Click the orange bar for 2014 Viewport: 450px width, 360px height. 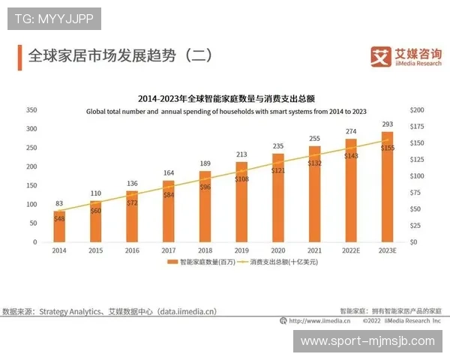[58, 226]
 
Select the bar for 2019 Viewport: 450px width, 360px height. [241, 202]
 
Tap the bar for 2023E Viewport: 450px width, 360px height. [387, 187]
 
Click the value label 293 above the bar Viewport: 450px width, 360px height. [387, 124]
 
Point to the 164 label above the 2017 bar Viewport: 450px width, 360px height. [169, 173]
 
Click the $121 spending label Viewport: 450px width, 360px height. [277, 171]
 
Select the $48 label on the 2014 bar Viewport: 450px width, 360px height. [59, 218]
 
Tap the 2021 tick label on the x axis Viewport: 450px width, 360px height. [314, 250]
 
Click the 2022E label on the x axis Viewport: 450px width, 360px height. [350, 250]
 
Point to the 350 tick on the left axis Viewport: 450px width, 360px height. [31, 109]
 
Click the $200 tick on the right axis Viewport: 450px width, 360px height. [417, 109]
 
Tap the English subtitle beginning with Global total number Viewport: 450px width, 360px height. [226, 111]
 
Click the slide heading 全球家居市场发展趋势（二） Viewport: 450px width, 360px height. [120, 55]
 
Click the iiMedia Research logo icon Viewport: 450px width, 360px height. [381, 56]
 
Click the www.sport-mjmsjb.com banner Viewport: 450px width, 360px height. [367, 341]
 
